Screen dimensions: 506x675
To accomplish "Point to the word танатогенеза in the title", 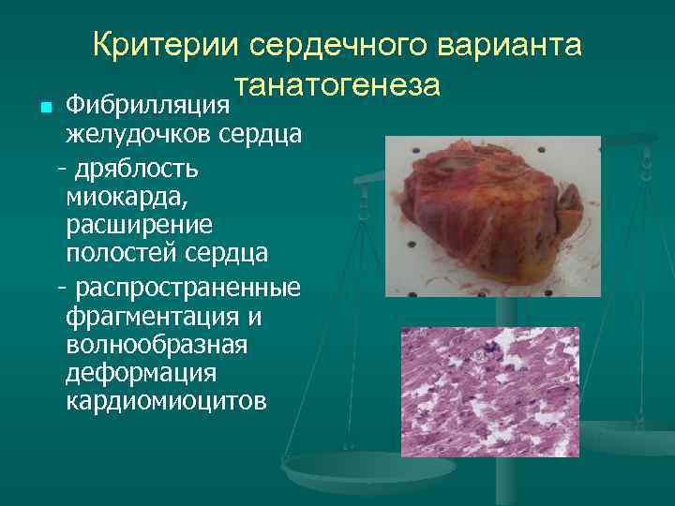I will click(x=337, y=84).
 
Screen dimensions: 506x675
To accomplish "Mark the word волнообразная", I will click(x=157, y=345).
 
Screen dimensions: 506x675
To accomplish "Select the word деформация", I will click(x=141, y=373).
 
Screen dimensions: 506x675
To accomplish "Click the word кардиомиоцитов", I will click(x=166, y=401).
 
